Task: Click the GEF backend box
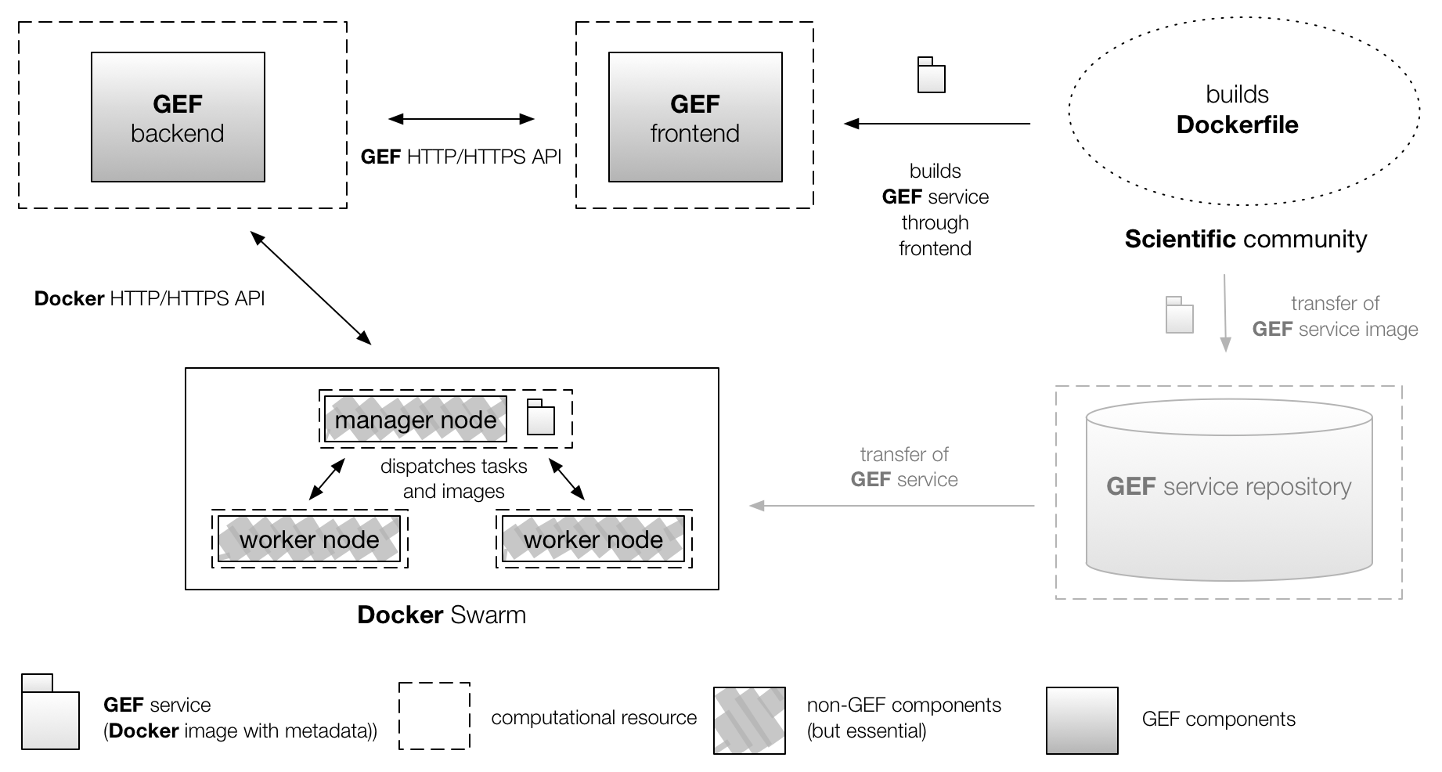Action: click(178, 117)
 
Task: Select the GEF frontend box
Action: click(695, 117)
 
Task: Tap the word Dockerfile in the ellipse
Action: click(1237, 124)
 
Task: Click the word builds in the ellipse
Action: click(1237, 95)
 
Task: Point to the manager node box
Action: click(416, 420)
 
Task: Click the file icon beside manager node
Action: click(540, 417)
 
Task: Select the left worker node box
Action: click(309, 539)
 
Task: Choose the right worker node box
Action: click(593, 539)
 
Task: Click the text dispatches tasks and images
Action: click(453, 478)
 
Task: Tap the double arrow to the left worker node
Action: click(326, 479)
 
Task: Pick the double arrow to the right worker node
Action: click(567, 479)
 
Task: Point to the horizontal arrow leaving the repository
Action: click(892, 506)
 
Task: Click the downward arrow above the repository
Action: click(1225, 313)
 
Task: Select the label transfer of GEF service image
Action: click(1335, 316)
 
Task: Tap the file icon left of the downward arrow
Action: click(1179, 315)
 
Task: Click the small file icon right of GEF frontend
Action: click(931, 75)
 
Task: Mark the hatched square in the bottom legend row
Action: click(749, 720)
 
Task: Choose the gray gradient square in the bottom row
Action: click(1082, 720)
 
